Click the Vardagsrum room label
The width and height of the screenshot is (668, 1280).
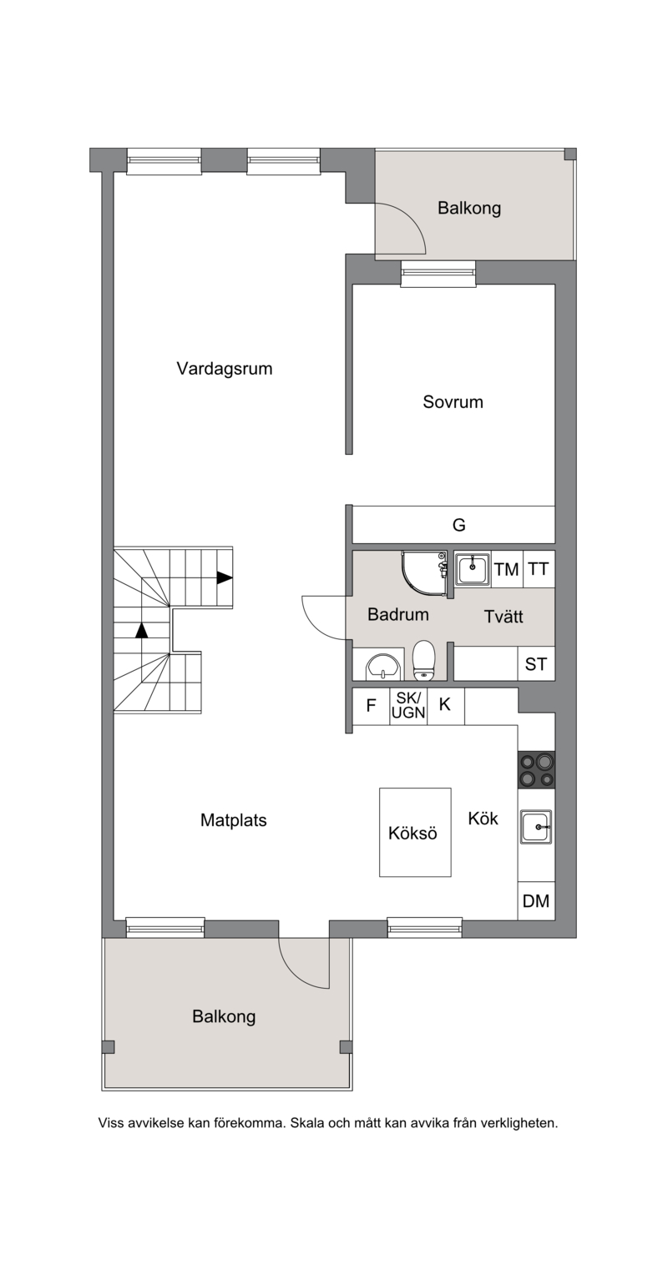(x=224, y=369)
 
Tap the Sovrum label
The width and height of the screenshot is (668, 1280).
(x=453, y=401)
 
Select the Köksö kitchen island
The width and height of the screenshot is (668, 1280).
(x=415, y=832)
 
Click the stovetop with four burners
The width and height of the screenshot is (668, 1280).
(x=536, y=769)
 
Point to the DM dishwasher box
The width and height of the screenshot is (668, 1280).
(x=536, y=901)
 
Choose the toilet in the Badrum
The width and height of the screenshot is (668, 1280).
(x=424, y=660)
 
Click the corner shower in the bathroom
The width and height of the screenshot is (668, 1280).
(x=424, y=573)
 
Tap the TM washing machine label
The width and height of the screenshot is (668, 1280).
(x=507, y=570)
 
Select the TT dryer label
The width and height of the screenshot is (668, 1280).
(x=539, y=569)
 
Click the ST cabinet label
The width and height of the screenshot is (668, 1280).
(x=536, y=664)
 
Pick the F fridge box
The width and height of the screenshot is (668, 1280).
(x=372, y=706)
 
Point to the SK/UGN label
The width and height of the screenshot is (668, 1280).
(x=408, y=705)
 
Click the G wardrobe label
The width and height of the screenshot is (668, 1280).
(x=458, y=525)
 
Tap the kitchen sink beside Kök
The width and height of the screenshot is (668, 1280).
(x=536, y=826)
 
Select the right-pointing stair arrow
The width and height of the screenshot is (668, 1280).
(x=225, y=577)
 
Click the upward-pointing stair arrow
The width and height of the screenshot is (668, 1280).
(x=141, y=630)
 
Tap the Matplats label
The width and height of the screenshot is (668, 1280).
(x=233, y=820)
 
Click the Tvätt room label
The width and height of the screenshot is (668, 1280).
(x=504, y=617)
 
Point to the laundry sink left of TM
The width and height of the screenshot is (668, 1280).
(x=473, y=569)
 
